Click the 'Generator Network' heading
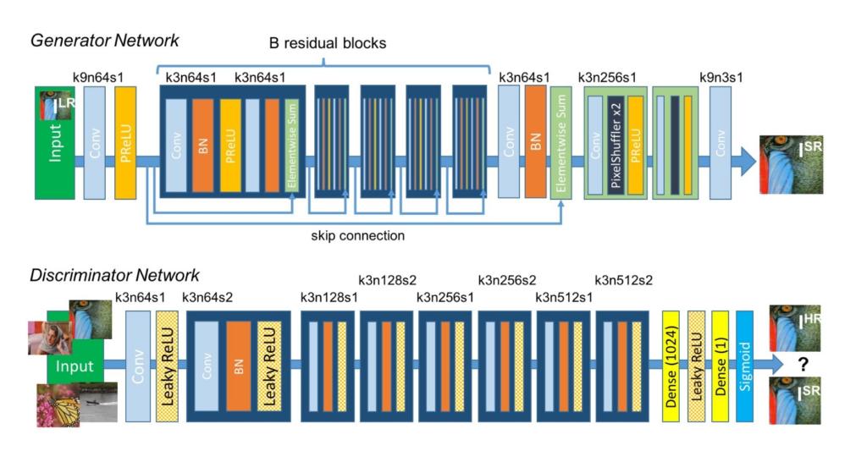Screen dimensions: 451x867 coord(104,40)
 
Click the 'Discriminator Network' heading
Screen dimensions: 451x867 coord(114,275)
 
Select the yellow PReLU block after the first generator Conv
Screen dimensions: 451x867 coord(124,142)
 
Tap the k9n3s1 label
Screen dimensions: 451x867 coord(721,78)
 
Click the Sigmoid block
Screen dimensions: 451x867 coord(744,365)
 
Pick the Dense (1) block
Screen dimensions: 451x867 coord(721,365)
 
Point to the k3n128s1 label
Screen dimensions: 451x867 coord(329,297)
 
